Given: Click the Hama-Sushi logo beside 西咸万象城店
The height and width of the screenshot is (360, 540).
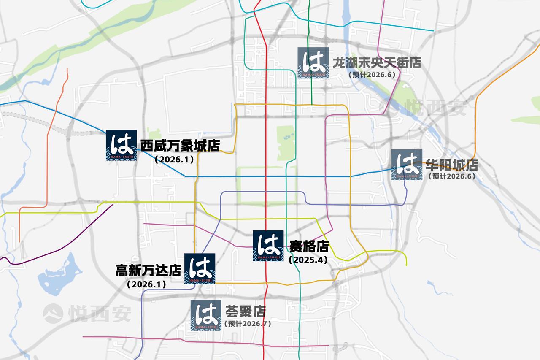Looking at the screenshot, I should (x=121, y=145).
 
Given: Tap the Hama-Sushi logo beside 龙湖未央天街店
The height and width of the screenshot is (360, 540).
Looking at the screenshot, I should (x=313, y=62).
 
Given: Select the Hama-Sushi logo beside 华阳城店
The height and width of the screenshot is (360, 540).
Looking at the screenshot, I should (x=407, y=165).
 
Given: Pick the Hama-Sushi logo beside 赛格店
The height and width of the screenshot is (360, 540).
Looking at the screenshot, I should (x=268, y=246).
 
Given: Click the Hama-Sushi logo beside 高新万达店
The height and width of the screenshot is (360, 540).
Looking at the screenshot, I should (x=200, y=268).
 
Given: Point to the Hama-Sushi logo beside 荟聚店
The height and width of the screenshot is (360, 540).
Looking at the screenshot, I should (x=206, y=315).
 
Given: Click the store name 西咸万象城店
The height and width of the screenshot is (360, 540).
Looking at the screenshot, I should (x=180, y=146).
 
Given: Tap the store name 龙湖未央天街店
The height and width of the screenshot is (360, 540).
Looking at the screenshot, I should (x=377, y=63).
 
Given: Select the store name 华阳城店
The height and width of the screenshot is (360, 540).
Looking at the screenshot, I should (x=451, y=165).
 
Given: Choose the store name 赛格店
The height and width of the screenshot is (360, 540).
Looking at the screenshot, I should (x=309, y=246).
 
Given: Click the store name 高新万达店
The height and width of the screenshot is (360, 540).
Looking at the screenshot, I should (x=148, y=270).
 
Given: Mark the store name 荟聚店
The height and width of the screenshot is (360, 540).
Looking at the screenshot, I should (x=245, y=312).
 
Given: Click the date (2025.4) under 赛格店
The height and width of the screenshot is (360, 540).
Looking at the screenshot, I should (x=308, y=260).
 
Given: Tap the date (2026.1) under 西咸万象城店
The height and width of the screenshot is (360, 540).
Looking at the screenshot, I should (x=174, y=160).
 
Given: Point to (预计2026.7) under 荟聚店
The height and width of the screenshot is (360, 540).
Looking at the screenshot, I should (x=248, y=324).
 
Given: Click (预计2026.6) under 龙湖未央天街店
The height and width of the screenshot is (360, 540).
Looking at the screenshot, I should (x=372, y=75).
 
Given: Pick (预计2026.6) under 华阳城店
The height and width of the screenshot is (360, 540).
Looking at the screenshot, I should (x=451, y=176).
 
